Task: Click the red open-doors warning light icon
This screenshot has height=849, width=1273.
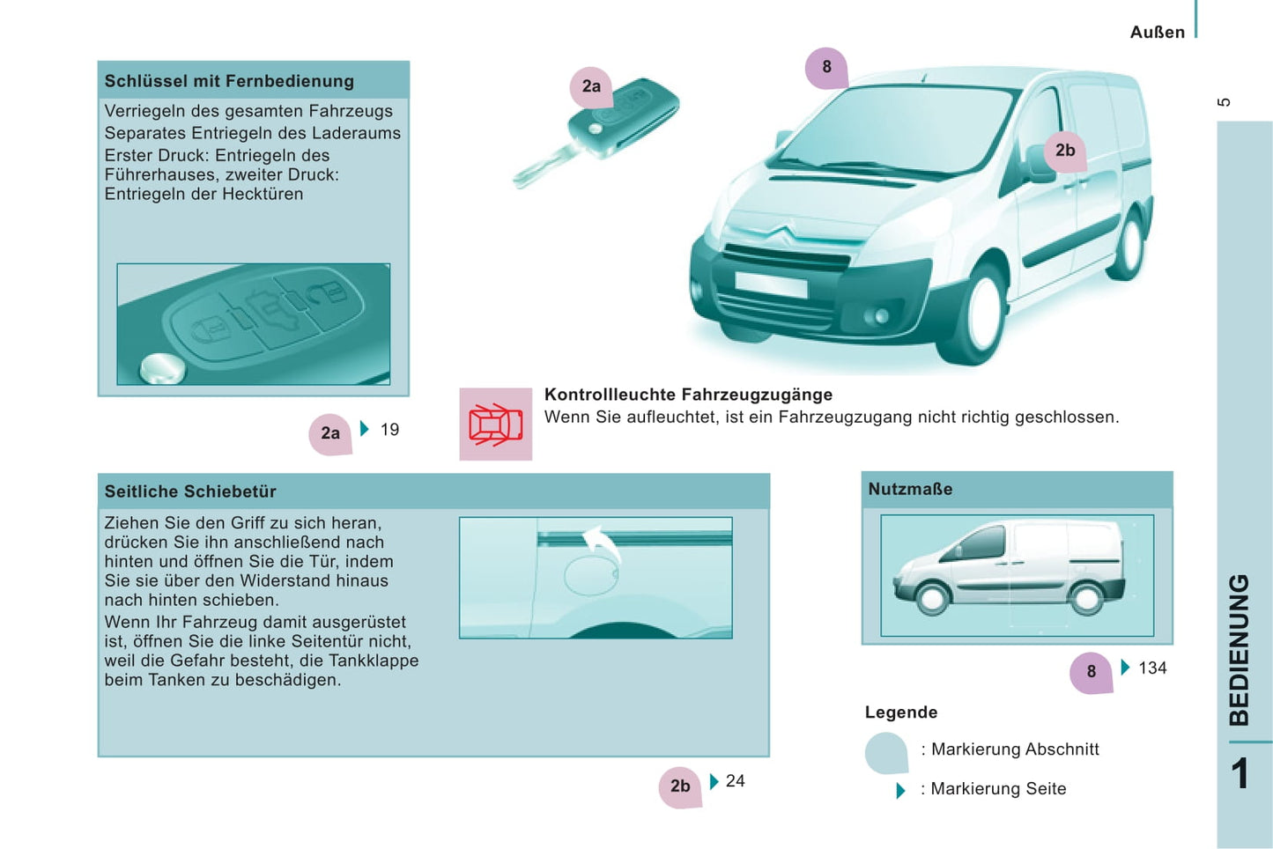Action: (x=496, y=424)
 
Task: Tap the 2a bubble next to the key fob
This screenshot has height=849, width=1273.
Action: (x=591, y=87)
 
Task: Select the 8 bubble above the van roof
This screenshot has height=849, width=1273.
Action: (x=827, y=68)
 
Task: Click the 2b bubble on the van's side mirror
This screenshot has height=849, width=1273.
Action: (x=1065, y=151)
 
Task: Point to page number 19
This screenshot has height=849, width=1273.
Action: (x=390, y=430)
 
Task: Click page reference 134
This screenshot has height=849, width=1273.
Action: (x=1152, y=668)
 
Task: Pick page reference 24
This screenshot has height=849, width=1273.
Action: (x=736, y=781)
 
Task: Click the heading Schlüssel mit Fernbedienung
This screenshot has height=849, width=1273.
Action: (x=229, y=81)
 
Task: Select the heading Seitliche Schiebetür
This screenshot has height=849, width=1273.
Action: (x=190, y=491)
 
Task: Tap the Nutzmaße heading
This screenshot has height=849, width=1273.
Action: (x=910, y=489)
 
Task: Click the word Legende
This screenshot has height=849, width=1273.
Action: (x=901, y=712)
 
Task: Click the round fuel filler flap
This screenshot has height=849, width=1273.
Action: (x=591, y=576)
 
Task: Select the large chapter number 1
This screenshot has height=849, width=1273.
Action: (x=1240, y=773)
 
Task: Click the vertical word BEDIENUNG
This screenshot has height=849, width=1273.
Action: (x=1240, y=650)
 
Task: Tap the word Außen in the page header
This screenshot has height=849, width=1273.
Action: (x=1158, y=33)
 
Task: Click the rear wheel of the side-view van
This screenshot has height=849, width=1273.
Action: (x=1086, y=598)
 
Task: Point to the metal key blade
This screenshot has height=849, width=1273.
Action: (x=544, y=167)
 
